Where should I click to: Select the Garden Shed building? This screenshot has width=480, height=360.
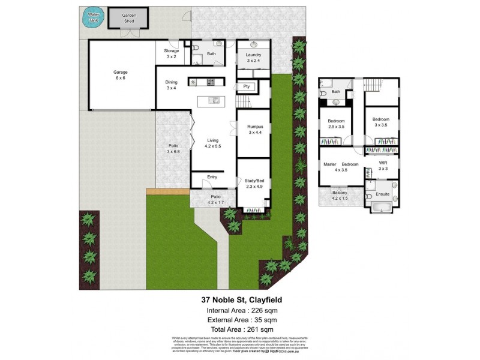pos(128,17)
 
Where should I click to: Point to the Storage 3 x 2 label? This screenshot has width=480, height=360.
pos(171,53)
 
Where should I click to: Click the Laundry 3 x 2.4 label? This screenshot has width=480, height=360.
pos(253,58)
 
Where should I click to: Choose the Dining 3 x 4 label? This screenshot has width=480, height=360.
pos(171,85)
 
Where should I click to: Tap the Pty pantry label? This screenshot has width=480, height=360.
pos(246,86)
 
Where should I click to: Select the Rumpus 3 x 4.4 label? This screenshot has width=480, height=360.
pos(256,129)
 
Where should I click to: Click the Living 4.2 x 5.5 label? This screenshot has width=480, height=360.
pos(213,142)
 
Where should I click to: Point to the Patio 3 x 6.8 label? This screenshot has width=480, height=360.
pos(173,148)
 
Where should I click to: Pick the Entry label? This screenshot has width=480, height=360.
pos(212,177)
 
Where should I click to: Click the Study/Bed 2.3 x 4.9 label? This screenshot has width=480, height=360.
pos(254,183)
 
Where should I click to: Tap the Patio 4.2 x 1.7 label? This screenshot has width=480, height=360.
pos(215,199)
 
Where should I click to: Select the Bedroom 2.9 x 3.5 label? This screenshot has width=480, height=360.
pos(336,124)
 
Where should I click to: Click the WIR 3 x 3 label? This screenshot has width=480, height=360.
pos(383,166)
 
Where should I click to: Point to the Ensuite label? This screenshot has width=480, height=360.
pos(382,194)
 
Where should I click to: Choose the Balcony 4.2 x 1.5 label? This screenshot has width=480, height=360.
pos(339,195)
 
